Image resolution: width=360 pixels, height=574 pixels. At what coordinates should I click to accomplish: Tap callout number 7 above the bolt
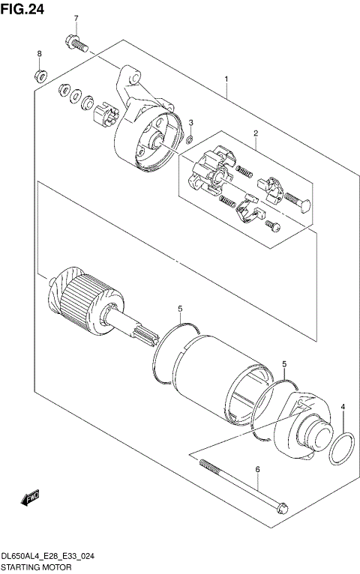click(75, 18)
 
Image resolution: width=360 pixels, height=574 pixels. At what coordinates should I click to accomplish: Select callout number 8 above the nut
click(39, 54)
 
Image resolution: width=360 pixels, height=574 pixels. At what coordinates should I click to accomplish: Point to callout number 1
click(226, 79)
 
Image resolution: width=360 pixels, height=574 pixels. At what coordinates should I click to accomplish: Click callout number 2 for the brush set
click(256, 134)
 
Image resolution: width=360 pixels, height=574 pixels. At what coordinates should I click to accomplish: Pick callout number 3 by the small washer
click(190, 122)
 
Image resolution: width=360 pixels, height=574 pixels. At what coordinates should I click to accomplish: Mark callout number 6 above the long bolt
click(257, 470)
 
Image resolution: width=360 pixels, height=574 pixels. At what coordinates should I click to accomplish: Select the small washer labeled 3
click(190, 139)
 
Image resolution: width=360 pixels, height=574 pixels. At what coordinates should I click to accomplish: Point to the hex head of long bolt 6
click(278, 508)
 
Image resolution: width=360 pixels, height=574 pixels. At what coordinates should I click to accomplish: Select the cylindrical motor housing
click(217, 374)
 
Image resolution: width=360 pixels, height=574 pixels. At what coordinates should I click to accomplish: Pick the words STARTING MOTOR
click(35, 568)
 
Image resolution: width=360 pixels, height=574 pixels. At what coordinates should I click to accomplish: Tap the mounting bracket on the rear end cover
click(128, 82)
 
